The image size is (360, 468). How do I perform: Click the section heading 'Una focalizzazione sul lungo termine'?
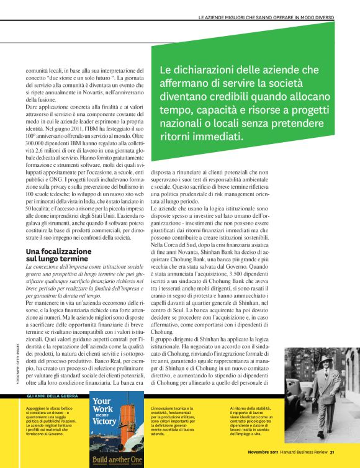point(58,254)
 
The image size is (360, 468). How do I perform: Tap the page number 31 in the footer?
point(333,451)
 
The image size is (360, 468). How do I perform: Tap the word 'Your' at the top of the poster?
point(103,402)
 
